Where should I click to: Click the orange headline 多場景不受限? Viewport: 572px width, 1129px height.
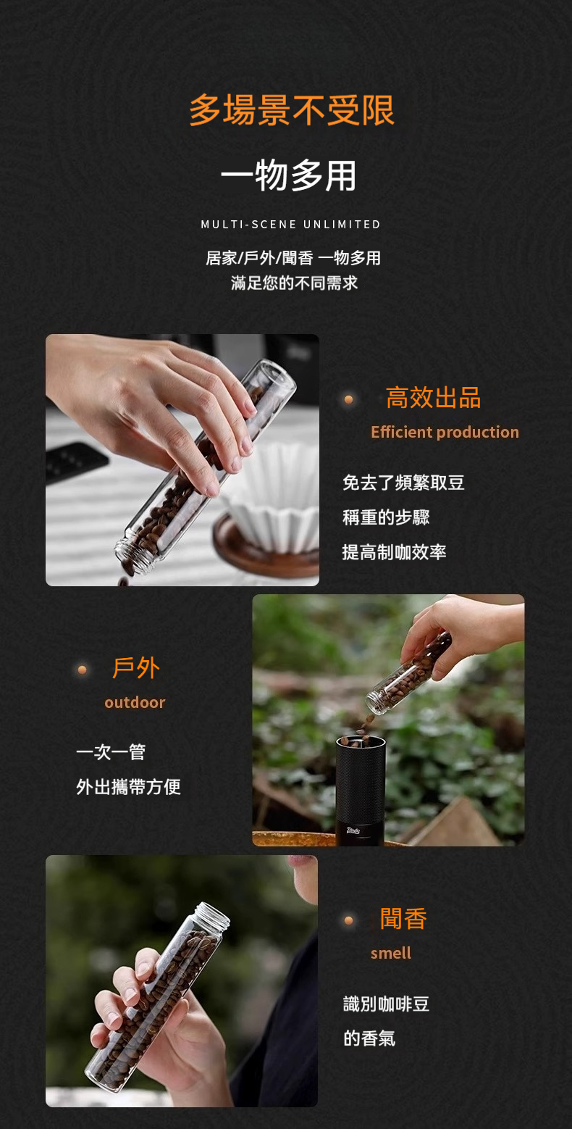[292, 110]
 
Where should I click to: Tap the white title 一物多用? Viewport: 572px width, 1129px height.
[289, 175]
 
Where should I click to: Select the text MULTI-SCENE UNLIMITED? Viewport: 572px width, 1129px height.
[291, 225]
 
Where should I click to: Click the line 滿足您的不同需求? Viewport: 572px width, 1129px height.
[294, 283]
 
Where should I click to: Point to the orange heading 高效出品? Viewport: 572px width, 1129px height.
[433, 398]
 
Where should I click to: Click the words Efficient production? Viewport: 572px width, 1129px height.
[445, 432]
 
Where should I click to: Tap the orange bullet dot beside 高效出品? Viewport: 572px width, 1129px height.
[348, 400]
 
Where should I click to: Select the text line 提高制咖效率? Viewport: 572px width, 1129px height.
[394, 552]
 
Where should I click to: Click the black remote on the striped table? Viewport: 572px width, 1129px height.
[75, 461]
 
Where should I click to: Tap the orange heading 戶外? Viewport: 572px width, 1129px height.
[135, 668]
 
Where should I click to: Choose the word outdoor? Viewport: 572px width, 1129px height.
[135, 702]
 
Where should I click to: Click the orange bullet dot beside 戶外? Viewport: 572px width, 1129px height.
[82, 670]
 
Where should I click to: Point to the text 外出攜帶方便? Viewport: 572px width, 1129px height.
[128, 786]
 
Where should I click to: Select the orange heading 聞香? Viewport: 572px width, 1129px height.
[403, 919]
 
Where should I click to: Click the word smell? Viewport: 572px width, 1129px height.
[391, 953]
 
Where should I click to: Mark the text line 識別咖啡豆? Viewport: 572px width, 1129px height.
[386, 1004]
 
